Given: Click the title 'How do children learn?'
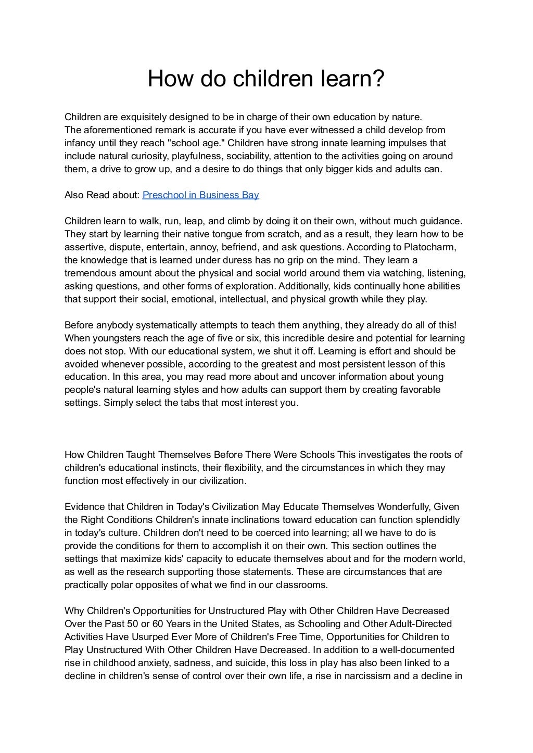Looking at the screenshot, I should pos(266,79).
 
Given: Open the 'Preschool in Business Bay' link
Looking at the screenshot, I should pos(200,195).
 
